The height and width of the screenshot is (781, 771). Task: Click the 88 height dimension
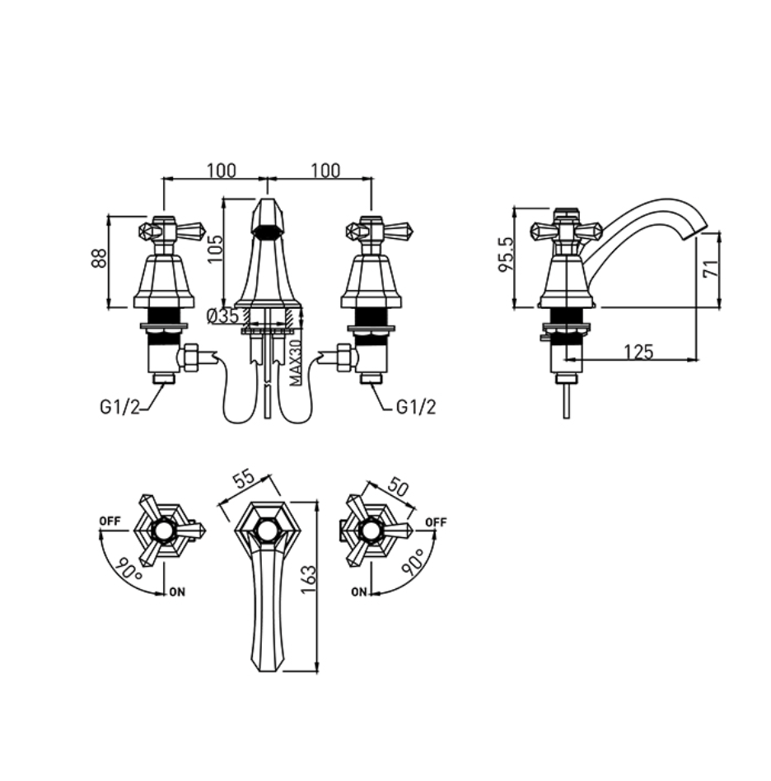100,258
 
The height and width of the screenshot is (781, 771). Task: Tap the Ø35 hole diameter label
223,316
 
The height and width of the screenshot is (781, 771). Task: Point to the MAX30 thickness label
296,362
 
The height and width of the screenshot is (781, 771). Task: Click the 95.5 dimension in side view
505,254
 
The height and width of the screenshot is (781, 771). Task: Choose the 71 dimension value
711,268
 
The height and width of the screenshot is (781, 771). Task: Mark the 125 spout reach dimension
638,352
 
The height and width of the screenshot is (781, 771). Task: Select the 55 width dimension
244,480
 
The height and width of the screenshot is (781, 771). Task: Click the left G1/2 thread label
120,408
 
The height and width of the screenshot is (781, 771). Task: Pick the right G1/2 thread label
416,408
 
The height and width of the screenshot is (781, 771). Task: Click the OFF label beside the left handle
110,521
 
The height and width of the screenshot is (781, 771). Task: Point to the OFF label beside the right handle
437,522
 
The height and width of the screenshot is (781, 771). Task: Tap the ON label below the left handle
177,592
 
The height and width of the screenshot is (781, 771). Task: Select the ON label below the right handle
358,592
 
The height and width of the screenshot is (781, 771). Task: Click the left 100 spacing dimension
222,171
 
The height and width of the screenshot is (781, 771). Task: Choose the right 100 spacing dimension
325,171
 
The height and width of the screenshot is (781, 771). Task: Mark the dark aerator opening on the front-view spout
268,231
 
